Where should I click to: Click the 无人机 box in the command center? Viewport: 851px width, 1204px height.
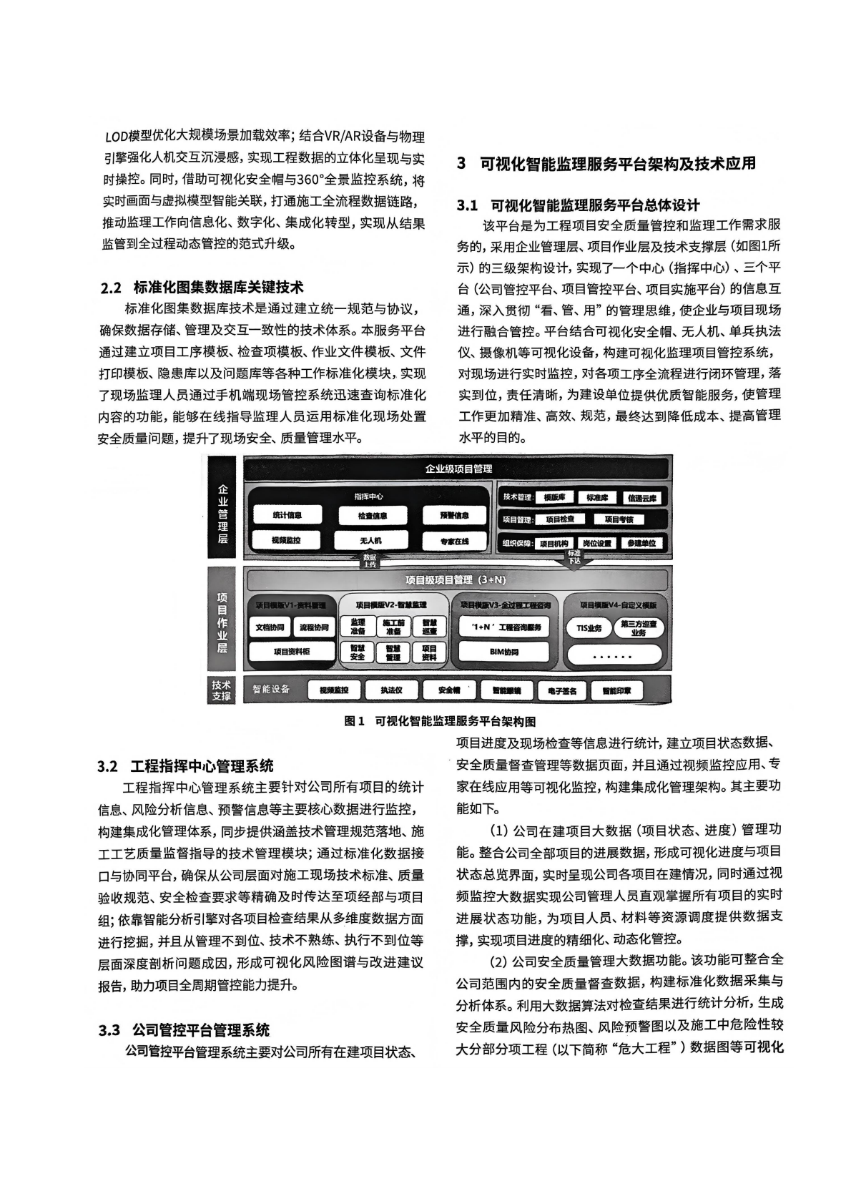pyautogui.click(x=370, y=541)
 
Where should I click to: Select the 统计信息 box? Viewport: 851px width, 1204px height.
pyautogui.click(x=287, y=515)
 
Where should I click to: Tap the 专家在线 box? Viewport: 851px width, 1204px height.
pyautogui.click(x=454, y=542)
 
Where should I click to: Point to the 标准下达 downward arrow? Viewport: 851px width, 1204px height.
pyautogui.click(x=574, y=558)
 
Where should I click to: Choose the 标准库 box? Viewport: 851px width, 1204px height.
pyautogui.click(x=596, y=497)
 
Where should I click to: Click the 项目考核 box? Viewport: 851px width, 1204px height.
pyautogui.click(x=619, y=519)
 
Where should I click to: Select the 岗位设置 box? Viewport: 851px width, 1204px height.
pyautogui.click(x=596, y=543)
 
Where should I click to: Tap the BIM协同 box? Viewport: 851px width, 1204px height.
pyautogui.click(x=504, y=652)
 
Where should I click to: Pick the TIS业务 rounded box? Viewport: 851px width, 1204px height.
pyautogui.click(x=589, y=628)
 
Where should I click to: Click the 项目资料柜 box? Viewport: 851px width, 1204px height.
pyautogui.click(x=291, y=652)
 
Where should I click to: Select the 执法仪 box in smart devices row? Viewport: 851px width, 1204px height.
pyautogui.click(x=391, y=690)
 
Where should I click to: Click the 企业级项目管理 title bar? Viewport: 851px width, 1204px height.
pyautogui.click(x=458, y=469)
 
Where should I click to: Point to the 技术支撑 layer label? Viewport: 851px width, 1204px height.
pyautogui.click(x=222, y=690)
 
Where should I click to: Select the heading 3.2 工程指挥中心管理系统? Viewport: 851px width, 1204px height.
pyautogui.click(x=185, y=766)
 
